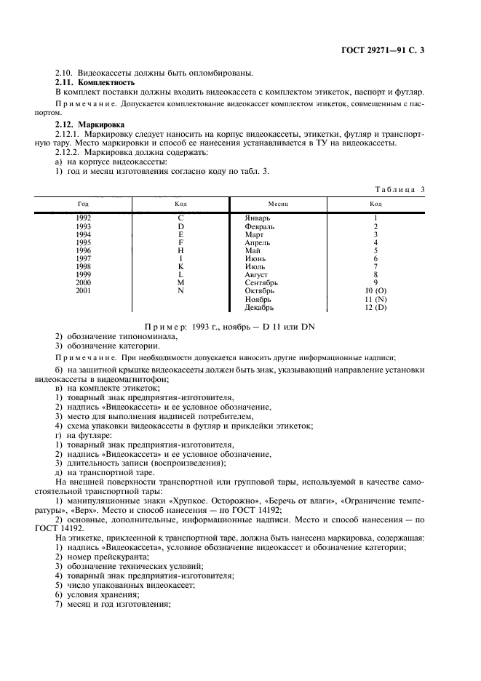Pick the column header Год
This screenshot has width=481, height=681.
tap(84, 204)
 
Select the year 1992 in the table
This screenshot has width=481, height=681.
tap(84, 218)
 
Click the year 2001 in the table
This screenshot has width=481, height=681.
tap(84, 290)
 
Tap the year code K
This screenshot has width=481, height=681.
tap(180, 266)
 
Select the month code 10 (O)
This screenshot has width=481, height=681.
tap(375, 290)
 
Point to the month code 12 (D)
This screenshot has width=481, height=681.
tap(375, 307)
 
